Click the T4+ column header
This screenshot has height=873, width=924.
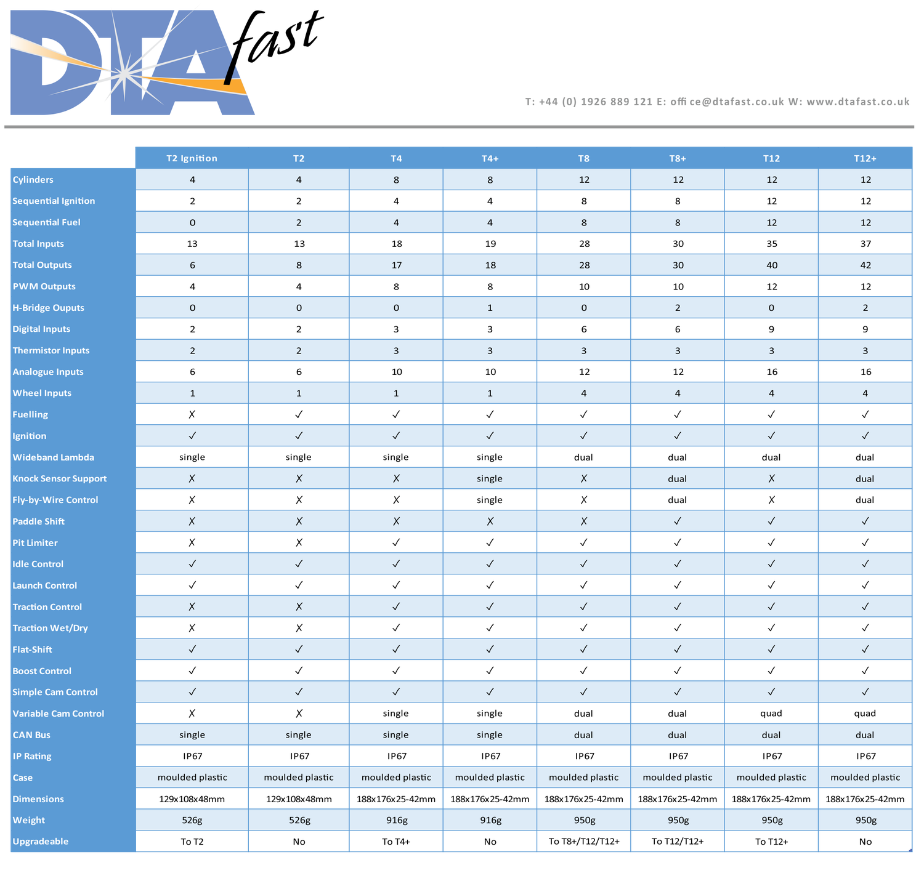[x=490, y=158]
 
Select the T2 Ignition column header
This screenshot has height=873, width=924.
[x=192, y=158]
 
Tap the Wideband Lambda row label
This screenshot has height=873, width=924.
[x=54, y=457]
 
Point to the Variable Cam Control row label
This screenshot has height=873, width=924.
[x=59, y=714]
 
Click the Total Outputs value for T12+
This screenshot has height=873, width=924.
[x=865, y=265]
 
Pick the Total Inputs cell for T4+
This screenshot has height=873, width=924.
[x=490, y=244]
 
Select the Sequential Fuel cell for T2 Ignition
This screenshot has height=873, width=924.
[x=192, y=223]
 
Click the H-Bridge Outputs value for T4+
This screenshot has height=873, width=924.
[x=490, y=308]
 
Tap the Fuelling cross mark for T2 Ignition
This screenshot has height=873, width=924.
[x=192, y=415]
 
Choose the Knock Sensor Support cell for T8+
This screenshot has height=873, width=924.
[x=677, y=479]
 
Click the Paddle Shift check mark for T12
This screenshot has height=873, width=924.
[x=771, y=521]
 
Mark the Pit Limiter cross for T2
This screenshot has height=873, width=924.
[x=299, y=543]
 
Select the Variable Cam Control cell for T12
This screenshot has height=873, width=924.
[x=771, y=714]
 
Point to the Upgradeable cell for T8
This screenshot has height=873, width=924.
[x=583, y=842]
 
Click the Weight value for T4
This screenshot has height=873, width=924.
[x=396, y=820]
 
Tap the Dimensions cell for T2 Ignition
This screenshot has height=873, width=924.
[x=192, y=799]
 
